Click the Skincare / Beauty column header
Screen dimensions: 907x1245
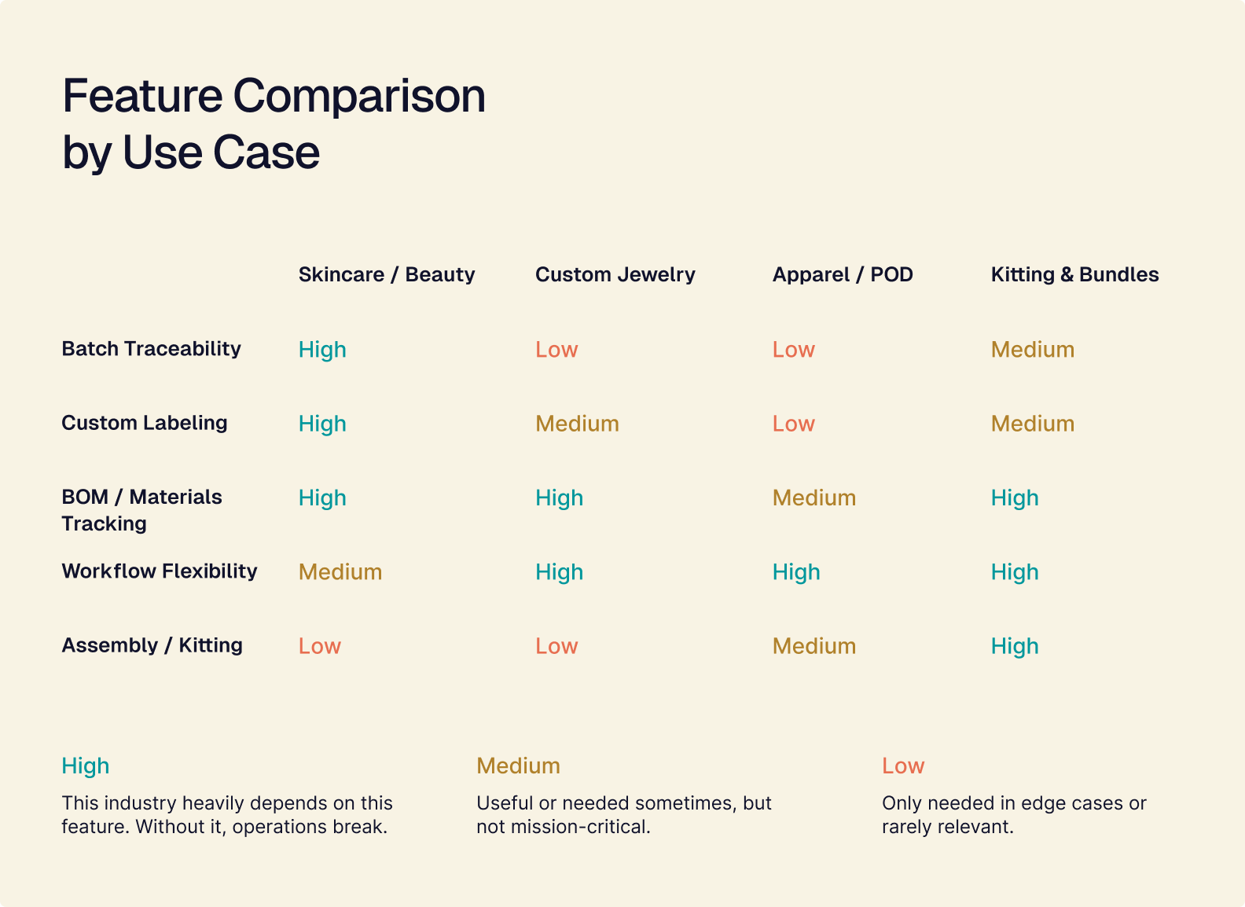[386, 274]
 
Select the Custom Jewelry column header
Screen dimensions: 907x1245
[615, 274]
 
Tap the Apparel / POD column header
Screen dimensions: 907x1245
[842, 274]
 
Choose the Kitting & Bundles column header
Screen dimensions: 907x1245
[1074, 274]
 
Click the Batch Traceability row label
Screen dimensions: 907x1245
[151, 348]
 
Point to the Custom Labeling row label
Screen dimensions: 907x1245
[144, 423]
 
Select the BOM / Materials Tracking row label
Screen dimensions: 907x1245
[141, 510]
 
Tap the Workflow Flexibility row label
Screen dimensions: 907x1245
[159, 571]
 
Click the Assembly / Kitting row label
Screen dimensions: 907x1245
[152, 645]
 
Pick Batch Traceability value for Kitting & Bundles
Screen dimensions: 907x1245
[1032, 349]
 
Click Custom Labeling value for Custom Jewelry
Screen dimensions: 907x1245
[577, 424]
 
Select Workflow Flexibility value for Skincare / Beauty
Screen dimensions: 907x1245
[340, 571]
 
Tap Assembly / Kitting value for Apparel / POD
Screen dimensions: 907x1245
[813, 646]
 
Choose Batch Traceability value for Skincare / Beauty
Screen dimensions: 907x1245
[322, 349]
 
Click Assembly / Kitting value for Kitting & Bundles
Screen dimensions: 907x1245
[1014, 646]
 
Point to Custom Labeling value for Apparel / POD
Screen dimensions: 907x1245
[793, 424]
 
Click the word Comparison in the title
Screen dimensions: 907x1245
[358, 96]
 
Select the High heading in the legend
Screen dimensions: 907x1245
[85, 766]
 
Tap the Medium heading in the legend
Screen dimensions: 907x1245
[518, 766]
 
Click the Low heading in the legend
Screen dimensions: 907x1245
[902, 766]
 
